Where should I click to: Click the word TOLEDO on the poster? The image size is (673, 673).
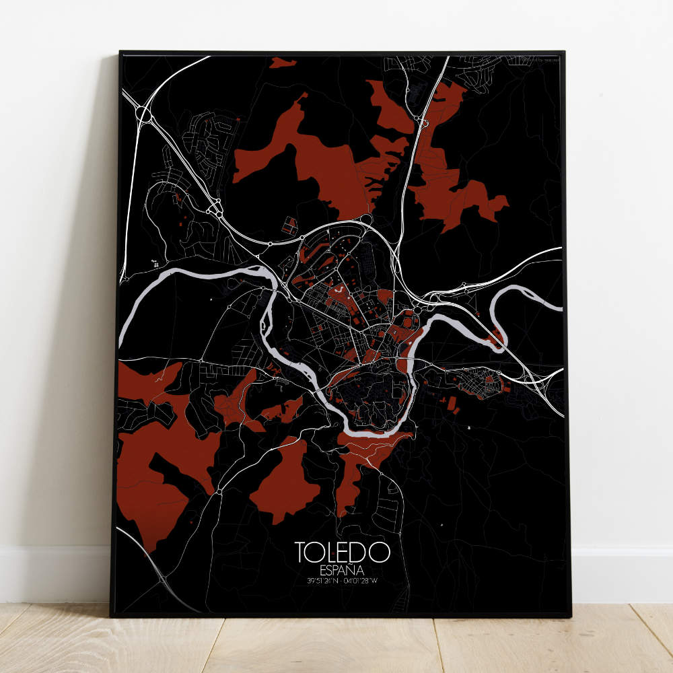click(x=343, y=551)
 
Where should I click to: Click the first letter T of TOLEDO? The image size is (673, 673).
click(x=301, y=551)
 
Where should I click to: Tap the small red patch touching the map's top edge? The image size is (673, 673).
click(x=283, y=63)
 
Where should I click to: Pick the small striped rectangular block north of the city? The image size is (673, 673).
click(x=289, y=225)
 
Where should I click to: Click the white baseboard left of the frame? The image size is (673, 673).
click(x=54, y=572)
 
